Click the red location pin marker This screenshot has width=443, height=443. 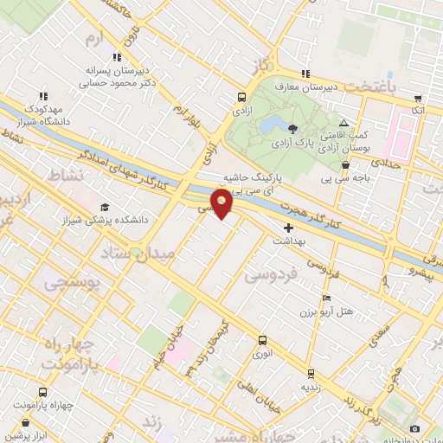[222, 202]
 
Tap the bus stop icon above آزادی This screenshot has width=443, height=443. [241, 98]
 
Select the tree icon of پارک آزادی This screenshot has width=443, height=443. [294, 128]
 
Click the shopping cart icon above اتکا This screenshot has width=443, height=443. [418, 99]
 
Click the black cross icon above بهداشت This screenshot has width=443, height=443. [289, 228]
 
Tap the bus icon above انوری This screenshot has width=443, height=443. [260, 339]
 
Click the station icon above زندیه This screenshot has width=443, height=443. [311, 374]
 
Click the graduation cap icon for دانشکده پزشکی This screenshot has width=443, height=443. [106, 207]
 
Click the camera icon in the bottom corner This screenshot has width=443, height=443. [415, 429]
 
